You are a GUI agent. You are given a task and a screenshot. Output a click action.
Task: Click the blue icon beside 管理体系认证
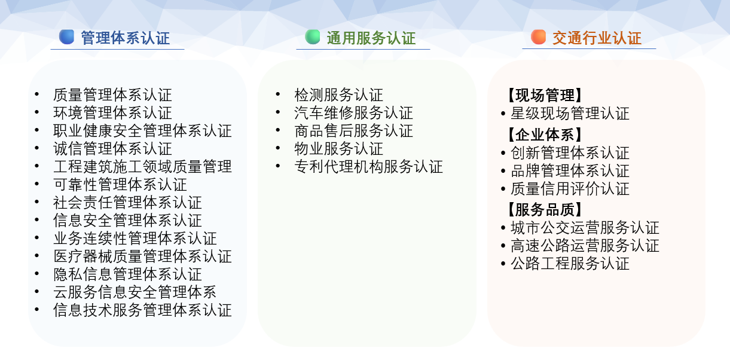pyautogui.click(x=66, y=37)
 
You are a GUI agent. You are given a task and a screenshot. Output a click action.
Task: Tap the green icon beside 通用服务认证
pyautogui.click(x=312, y=37)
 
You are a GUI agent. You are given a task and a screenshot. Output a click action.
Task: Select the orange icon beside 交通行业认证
pyautogui.click(x=538, y=37)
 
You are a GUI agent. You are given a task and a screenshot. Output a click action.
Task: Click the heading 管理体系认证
pyautogui.click(x=126, y=38)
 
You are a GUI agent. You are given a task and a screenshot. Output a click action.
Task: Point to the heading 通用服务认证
pyautogui.click(x=371, y=38)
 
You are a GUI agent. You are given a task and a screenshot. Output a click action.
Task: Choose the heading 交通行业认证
pyautogui.click(x=597, y=38)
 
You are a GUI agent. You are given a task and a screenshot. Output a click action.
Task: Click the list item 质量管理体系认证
pyautogui.click(x=112, y=95)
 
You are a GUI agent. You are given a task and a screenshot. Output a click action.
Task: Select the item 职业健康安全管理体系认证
pyautogui.click(x=142, y=131)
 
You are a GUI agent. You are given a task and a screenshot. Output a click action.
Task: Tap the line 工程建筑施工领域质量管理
pyautogui.click(x=142, y=167)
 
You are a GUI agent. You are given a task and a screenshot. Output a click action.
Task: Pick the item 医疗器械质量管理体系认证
pyautogui.click(x=142, y=257)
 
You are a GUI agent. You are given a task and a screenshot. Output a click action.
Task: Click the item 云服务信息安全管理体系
pyautogui.click(x=135, y=292)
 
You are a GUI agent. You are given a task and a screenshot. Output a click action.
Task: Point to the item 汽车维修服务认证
pyautogui.click(x=353, y=113)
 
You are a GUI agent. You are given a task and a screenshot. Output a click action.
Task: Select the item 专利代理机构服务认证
pyautogui.click(x=368, y=167)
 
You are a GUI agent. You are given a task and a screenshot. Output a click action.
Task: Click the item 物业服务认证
pyautogui.click(x=338, y=149)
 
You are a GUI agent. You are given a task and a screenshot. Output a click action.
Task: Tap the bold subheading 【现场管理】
pyautogui.click(x=545, y=95)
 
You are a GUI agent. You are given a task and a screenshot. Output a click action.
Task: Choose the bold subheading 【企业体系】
pyautogui.click(x=545, y=135)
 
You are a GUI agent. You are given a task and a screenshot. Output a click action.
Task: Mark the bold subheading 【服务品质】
pyautogui.click(x=545, y=209)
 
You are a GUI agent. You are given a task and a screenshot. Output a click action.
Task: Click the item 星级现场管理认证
pyautogui.click(x=570, y=114)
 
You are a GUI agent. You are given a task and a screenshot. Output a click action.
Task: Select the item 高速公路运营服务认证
pyautogui.click(x=585, y=246)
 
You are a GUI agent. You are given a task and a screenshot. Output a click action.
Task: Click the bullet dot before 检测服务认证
pyautogui.click(x=278, y=94)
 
